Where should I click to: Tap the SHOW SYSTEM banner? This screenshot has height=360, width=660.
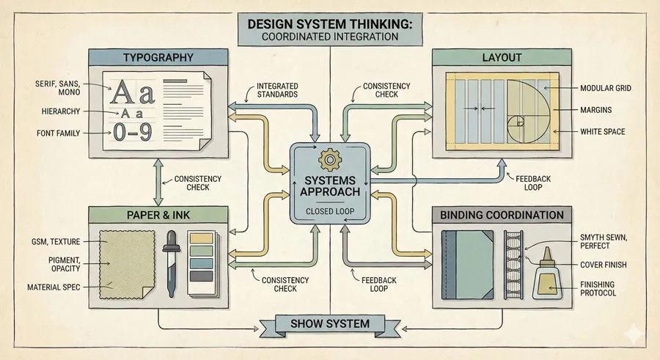point(330,323)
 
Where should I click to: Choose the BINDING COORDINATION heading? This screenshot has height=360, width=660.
point(502,216)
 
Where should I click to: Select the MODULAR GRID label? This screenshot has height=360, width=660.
point(606,88)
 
